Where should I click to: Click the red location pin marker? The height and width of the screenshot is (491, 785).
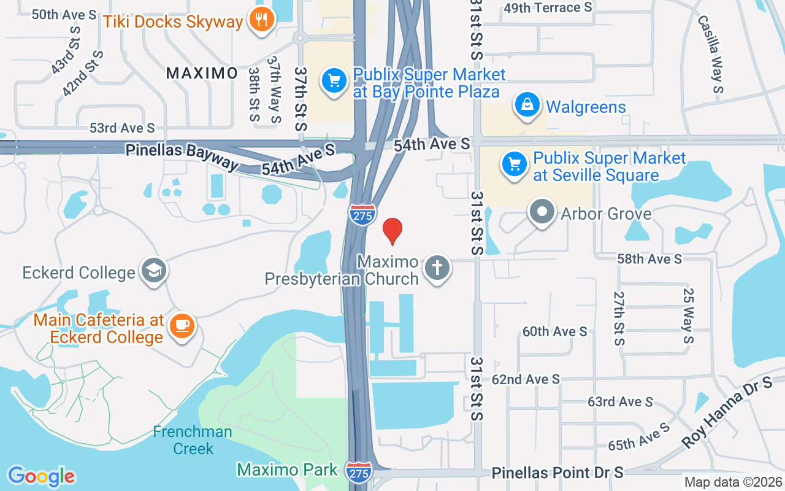[x=392, y=230]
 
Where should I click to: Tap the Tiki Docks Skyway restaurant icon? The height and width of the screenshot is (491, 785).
[x=262, y=20]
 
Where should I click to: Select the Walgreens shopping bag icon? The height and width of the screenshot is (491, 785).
[x=527, y=106]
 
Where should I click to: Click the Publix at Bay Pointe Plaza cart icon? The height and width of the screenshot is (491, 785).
[x=334, y=80]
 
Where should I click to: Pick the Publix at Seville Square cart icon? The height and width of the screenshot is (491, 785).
[x=514, y=164]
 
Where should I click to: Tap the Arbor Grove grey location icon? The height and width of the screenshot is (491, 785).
[x=542, y=212]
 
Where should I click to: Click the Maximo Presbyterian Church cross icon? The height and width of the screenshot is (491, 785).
[x=437, y=268]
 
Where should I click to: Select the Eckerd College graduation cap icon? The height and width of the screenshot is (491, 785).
[x=153, y=271]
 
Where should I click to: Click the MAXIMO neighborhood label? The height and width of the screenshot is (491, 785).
[x=202, y=73]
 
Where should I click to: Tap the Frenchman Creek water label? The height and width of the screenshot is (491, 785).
[x=193, y=440]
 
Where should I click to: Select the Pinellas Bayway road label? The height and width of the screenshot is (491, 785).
[x=182, y=157]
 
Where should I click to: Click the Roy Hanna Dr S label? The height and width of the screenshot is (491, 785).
[x=727, y=414]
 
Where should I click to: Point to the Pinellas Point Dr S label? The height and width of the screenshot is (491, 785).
[x=557, y=472]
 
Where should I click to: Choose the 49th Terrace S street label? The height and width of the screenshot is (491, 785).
[x=548, y=7]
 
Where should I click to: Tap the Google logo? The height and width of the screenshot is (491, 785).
[x=41, y=476]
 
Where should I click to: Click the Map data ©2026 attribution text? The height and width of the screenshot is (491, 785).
[x=732, y=482]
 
